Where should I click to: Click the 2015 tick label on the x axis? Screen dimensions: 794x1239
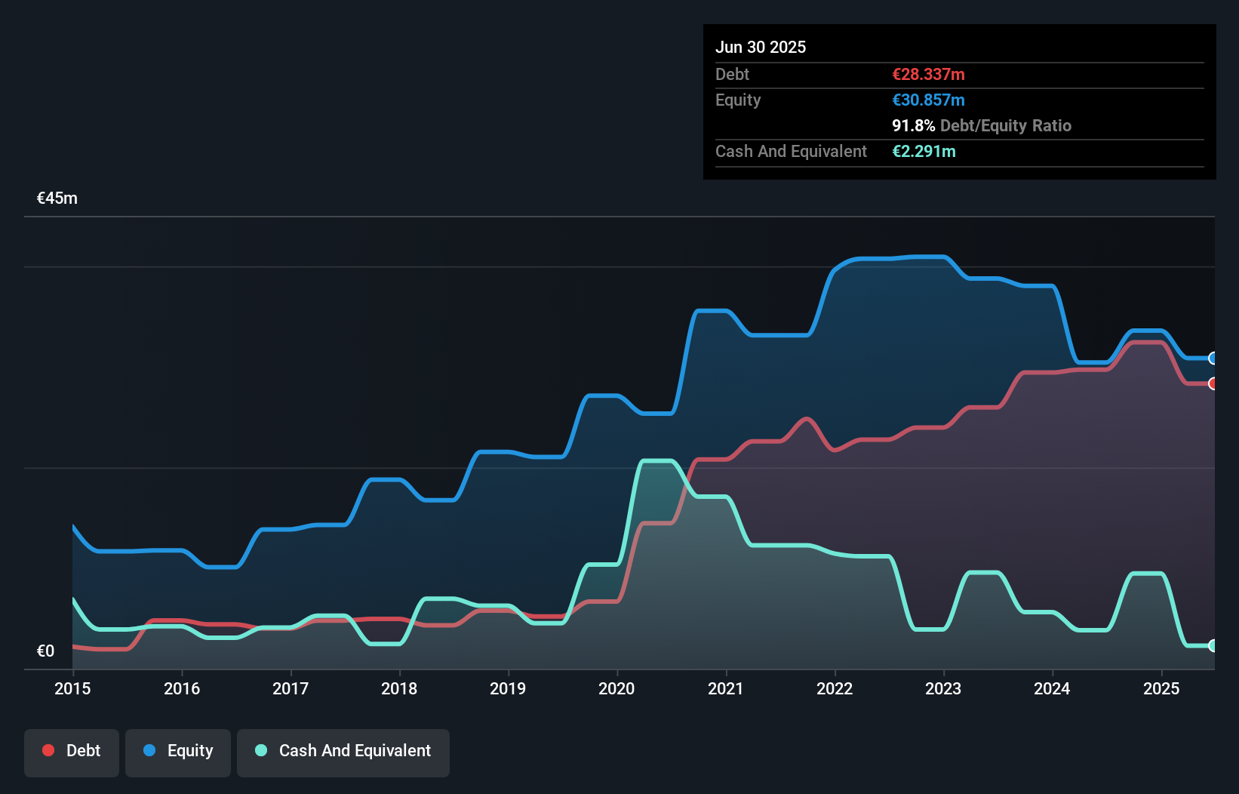pos(72,688)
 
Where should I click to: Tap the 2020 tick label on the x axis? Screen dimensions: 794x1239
pos(616,688)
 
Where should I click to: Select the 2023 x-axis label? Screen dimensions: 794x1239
pos(943,688)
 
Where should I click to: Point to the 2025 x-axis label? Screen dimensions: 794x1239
pos(1161,688)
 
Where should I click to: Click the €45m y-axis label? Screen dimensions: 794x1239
pos(57,198)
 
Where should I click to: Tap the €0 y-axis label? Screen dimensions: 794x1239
pos(45,651)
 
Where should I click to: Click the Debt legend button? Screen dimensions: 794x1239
pos(72,751)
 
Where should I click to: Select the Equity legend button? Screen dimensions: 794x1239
pos(178,751)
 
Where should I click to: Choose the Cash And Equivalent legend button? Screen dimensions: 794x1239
pos(343,751)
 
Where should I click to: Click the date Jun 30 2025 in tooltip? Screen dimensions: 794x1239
pos(761,47)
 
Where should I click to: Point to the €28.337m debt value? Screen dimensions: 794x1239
pos(928,74)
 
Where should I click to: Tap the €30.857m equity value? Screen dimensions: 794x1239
pos(928,100)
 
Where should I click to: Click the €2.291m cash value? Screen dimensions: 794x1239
pos(924,151)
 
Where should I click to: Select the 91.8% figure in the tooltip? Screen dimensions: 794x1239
pos(913,125)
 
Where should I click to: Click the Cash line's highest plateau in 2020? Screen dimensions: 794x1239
pos(656,460)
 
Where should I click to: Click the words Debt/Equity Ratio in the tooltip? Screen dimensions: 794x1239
pos(1005,125)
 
